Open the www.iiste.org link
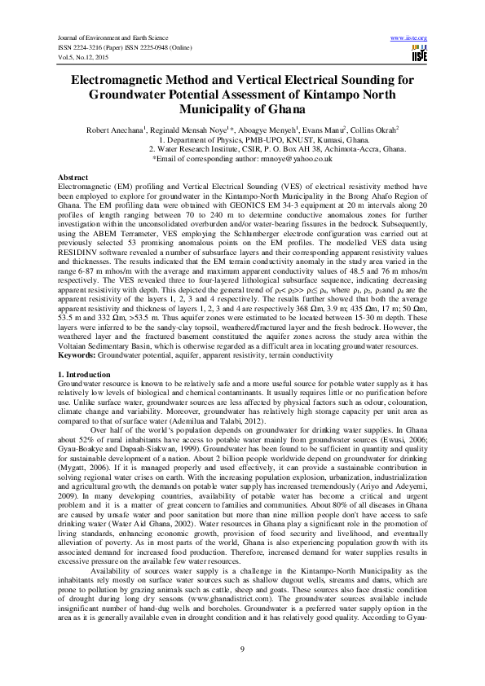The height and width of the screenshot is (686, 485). coord(410,38)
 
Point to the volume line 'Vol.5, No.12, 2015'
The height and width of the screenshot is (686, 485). coord(82,55)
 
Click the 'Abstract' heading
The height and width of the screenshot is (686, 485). coord(73,177)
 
